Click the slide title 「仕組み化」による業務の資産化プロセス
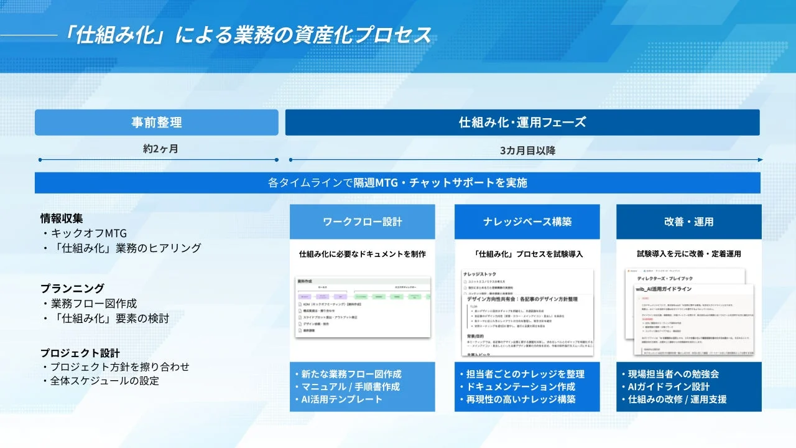pyautogui.click(x=246, y=34)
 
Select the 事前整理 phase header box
pyautogui.click(x=157, y=123)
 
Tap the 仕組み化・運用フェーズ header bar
pyautogui.click(x=522, y=123)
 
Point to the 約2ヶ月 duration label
pyautogui.click(x=157, y=149)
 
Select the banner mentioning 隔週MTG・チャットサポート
pyautogui.click(x=397, y=183)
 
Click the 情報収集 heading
pyautogui.click(x=62, y=218)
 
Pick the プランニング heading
pyautogui.click(x=72, y=289)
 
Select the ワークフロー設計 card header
pyautogui.click(x=362, y=222)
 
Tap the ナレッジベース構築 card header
pyautogui.click(x=527, y=222)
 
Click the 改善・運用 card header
pyautogui.click(x=688, y=222)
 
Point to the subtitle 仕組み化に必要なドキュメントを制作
pyautogui.click(x=362, y=254)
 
